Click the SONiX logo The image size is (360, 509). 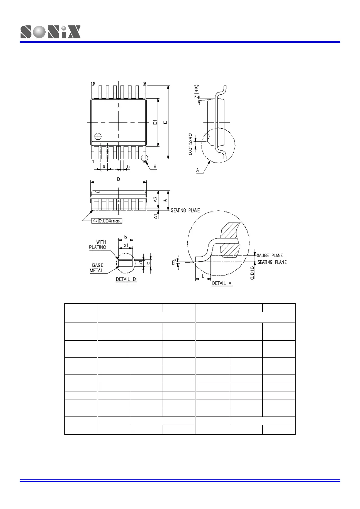click(x=50, y=32)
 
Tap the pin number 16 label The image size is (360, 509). click(x=92, y=83)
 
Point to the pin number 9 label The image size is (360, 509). click(x=144, y=83)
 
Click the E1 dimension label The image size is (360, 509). click(x=155, y=122)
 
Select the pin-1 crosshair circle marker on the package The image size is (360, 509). click(x=98, y=136)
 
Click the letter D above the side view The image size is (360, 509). click(x=118, y=179)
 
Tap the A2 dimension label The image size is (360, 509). click(x=155, y=199)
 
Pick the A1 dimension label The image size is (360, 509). click(x=156, y=216)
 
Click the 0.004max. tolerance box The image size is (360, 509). click(x=107, y=221)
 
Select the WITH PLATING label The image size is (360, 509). click(x=98, y=245)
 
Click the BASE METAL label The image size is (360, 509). click(x=97, y=268)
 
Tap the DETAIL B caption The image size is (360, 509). click(x=126, y=279)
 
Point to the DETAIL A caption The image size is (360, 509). click(x=222, y=283)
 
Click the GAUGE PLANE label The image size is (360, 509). click(x=270, y=255)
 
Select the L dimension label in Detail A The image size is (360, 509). click(x=203, y=276)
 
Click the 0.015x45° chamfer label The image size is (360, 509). click(x=190, y=144)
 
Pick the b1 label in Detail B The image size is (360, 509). click(x=126, y=245)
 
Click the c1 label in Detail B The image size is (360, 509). click(x=141, y=263)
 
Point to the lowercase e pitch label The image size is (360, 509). click(x=104, y=167)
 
